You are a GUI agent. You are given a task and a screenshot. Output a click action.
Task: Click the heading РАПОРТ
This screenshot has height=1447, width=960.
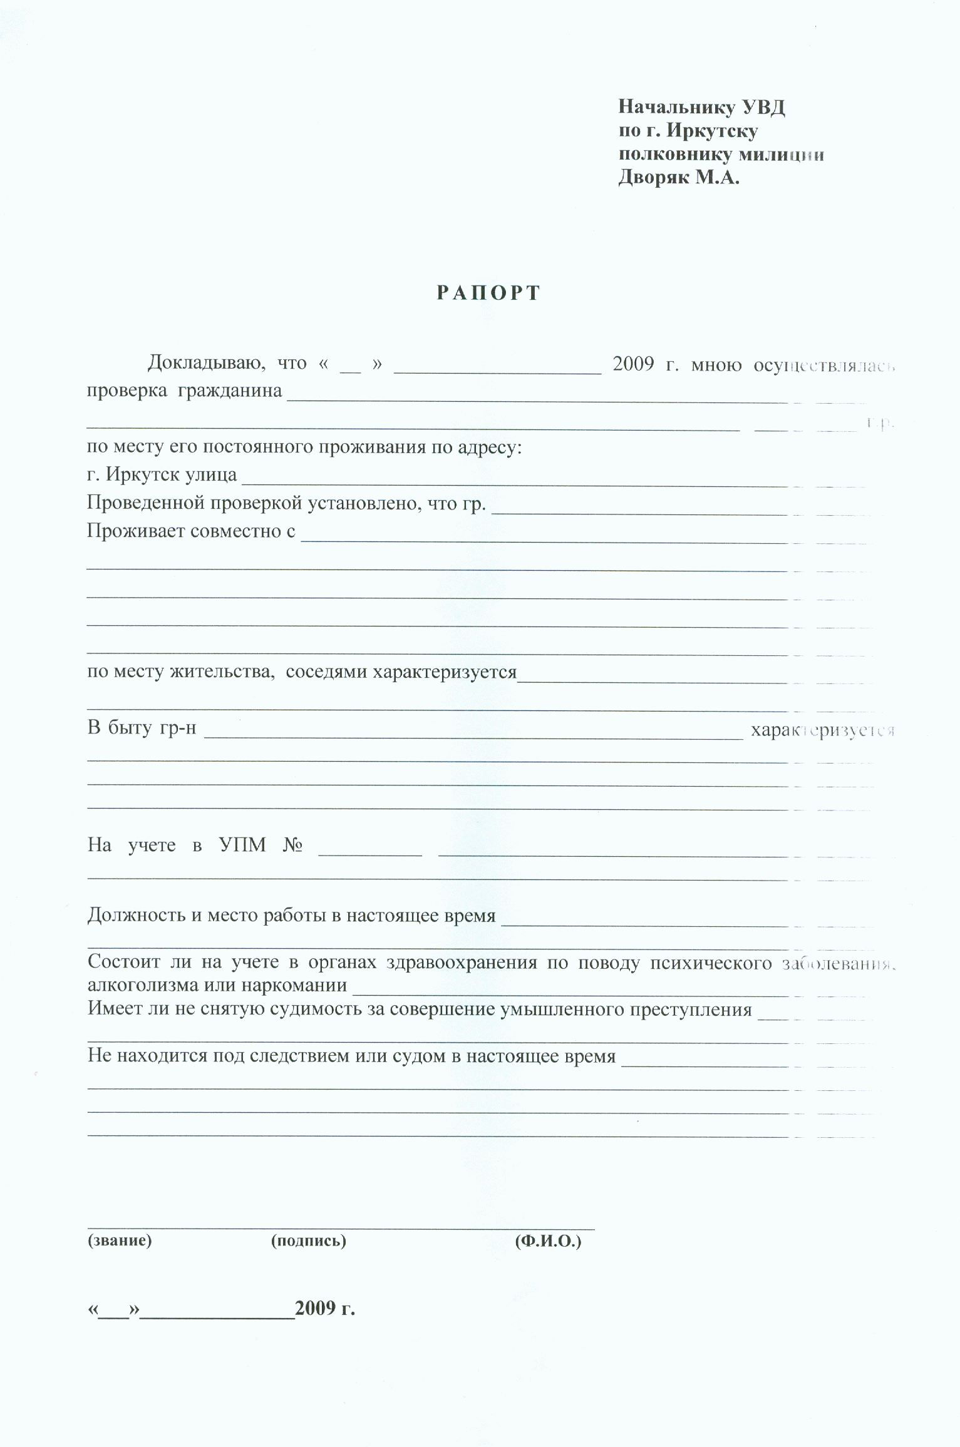coord(488,293)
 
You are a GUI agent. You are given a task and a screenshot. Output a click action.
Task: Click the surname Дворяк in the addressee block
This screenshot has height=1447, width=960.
coord(654,178)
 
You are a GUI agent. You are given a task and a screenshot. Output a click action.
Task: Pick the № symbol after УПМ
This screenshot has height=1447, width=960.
coord(293,846)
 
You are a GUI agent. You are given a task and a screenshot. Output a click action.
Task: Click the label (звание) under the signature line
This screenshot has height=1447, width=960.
coord(120,1240)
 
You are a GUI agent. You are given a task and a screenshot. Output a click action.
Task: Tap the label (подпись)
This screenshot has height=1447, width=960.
coord(308,1240)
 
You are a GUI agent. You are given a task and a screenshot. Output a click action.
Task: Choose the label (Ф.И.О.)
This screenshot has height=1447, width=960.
coord(548,1240)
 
